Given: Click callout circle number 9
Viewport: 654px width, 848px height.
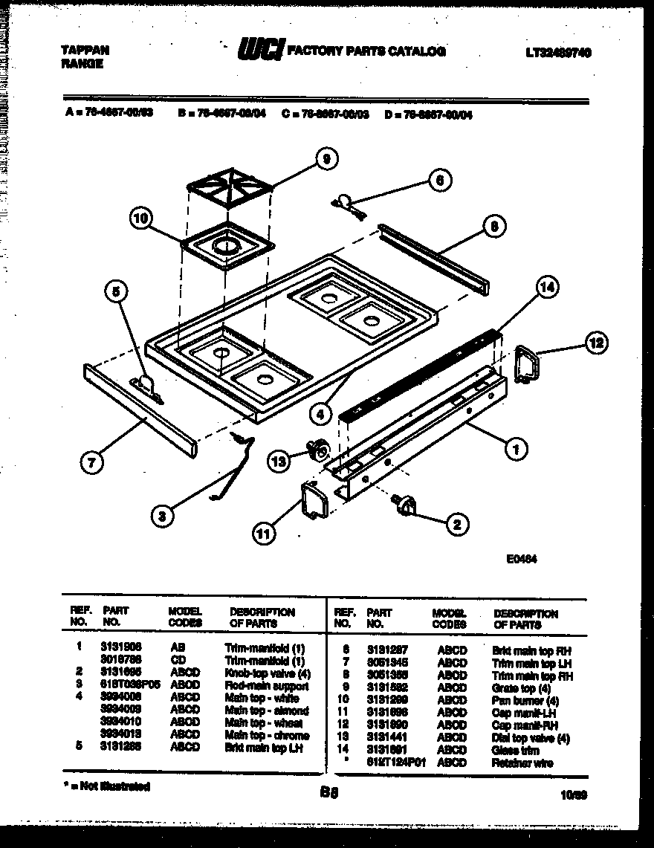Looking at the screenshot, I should [x=325, y=158].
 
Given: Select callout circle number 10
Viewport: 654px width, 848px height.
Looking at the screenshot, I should [x=140, y=218].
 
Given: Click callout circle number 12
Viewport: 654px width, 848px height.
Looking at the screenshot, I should [x=596, y=343].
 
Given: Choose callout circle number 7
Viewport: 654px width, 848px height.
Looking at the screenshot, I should [x=92, y=462].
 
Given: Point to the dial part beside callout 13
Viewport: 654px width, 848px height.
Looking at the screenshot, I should [x=318, y=449].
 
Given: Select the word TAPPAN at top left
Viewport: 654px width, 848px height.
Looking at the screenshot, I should [x=84, y=51].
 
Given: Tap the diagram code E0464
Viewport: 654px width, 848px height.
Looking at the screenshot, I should [x=522, y=561].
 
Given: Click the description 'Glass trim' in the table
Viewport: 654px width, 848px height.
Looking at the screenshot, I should [x=514, y=750].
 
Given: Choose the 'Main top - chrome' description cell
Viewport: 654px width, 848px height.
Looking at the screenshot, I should [x=267, y=736].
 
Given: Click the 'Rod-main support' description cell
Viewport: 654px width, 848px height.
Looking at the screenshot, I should [x=266, y=686].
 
